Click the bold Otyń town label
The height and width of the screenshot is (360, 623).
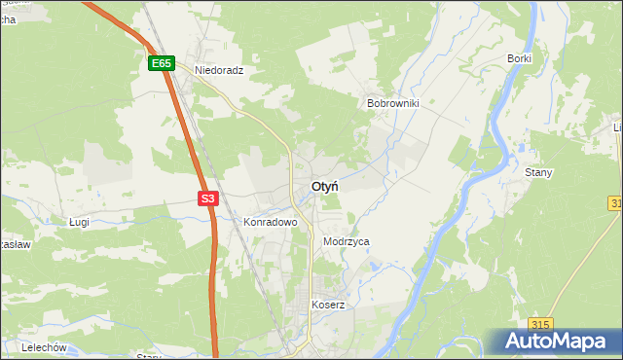click(325, 186)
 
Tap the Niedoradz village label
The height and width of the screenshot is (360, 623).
click(218, 71)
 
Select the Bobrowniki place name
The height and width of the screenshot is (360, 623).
click(392, 102)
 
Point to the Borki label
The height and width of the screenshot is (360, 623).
click(519, 58)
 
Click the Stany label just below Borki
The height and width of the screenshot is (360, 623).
click(538, 172)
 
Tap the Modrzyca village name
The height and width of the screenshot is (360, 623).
click(346, 241)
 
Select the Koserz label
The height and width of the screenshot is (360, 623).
click(328, 305)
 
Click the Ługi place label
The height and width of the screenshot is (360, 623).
click(79, 222)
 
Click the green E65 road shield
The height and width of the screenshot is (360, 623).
click(162, 63)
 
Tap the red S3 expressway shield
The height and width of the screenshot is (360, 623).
click(207, 198)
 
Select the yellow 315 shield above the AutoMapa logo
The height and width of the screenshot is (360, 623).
click(542, 324)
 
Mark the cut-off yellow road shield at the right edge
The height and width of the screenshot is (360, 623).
click(617, 202)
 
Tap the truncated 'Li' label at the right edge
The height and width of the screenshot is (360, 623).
click(617, 128)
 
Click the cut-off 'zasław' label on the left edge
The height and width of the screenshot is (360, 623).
click(15, 245)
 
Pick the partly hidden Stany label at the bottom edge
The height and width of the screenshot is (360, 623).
click(149, 356)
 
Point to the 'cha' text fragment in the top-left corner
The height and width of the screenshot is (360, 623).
click(7, 4)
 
